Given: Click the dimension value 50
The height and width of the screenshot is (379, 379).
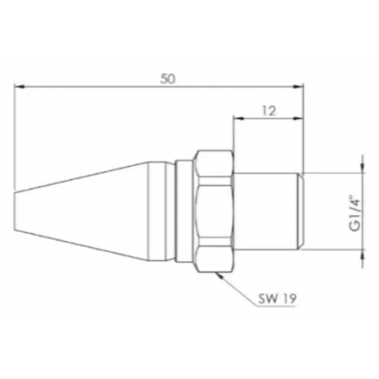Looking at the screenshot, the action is (x=168, y=78).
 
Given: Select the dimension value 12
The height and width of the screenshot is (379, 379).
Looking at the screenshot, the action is (x=269, y=111).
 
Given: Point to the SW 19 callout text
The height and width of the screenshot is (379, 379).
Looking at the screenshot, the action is (x=277, y=299).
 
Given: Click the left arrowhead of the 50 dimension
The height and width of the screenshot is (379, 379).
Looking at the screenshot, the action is (x=19, y=86).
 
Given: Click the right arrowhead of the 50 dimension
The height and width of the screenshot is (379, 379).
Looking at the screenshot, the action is (x=298, y=86).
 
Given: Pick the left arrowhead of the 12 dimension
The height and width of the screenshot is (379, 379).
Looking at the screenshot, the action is (x=238, y=119).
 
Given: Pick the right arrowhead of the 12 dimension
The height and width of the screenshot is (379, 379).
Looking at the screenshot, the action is (x=298, y=119).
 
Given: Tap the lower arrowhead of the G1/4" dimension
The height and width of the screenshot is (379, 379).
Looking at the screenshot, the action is (x=362, y=255).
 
